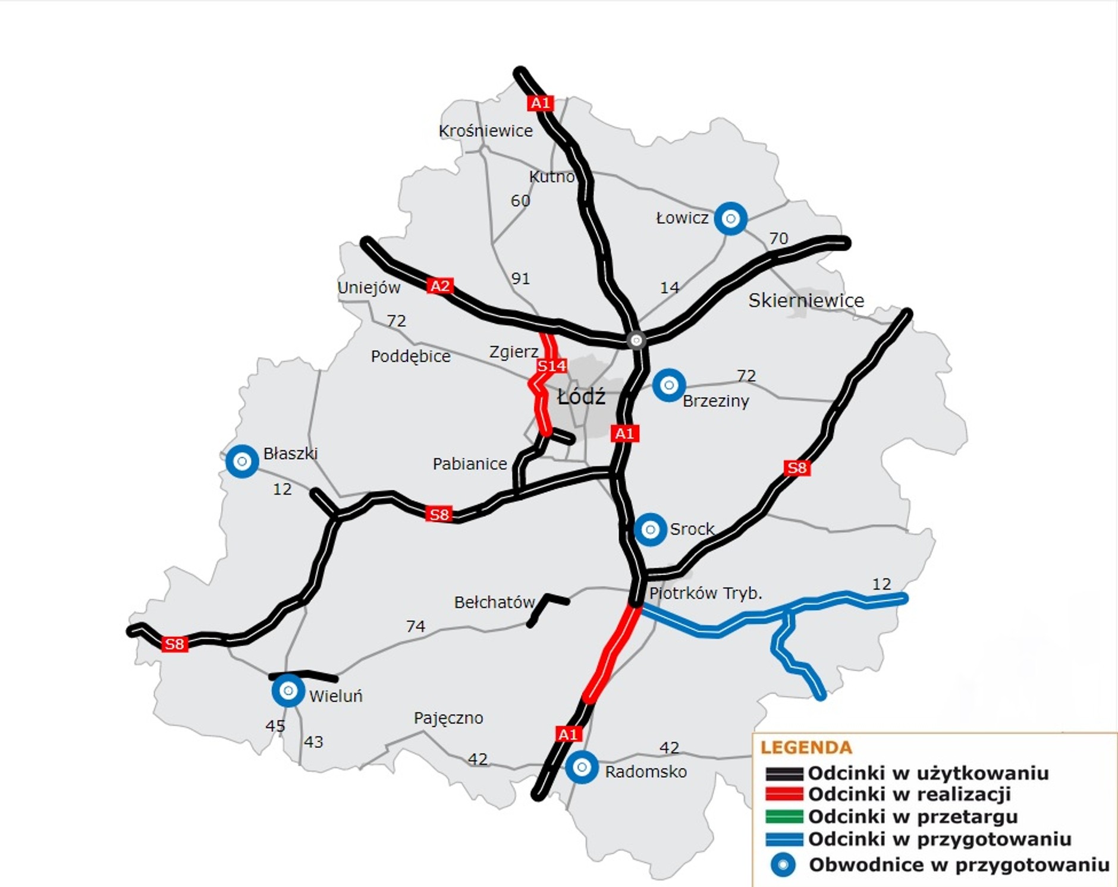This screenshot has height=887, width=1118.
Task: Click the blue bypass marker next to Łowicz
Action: tap(730, 219)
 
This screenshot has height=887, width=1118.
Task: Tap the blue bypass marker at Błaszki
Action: tap(242, 461)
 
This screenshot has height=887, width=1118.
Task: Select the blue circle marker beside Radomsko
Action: tap(582, 768)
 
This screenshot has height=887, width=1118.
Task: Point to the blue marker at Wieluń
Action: tap(288, 691)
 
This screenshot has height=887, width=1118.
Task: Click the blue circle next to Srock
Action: tap(650, 529)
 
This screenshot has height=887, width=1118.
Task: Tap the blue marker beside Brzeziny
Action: tap(668, 385)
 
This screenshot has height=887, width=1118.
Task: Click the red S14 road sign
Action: tap(552, 366)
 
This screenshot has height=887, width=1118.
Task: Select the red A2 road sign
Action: tap(440, 286)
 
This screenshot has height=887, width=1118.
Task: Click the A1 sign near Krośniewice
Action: tap(540, 103)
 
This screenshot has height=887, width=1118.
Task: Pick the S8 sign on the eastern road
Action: tap(797, 468)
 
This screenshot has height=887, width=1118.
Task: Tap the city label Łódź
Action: tap(581, 397)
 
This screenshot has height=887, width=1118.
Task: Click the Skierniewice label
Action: tap(806, 300)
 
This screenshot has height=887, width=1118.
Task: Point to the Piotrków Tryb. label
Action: tap(705, 593)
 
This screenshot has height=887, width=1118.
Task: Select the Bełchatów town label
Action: tap(494, 602)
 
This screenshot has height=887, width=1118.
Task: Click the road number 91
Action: tap(520, 278)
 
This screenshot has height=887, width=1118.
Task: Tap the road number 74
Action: tap(416, 626)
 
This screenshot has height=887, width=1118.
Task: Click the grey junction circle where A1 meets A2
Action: tap(636, 340)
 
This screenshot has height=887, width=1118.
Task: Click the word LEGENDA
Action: tap(806, 747)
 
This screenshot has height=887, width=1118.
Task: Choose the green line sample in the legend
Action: tap(784, 817)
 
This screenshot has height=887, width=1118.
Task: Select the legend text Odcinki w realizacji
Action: tap(909, 794)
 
